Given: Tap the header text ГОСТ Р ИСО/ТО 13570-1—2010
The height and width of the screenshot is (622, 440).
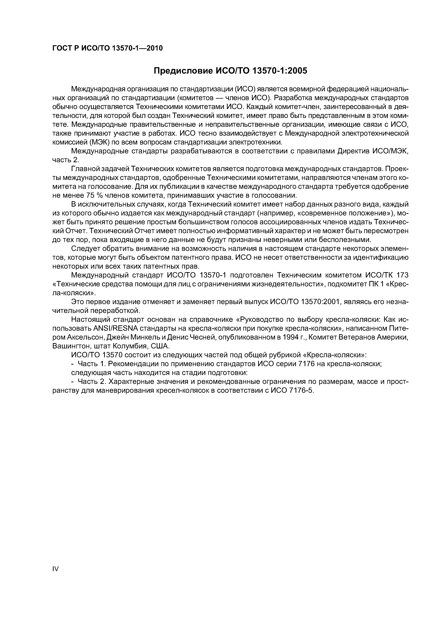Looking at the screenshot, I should click(107, 48).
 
